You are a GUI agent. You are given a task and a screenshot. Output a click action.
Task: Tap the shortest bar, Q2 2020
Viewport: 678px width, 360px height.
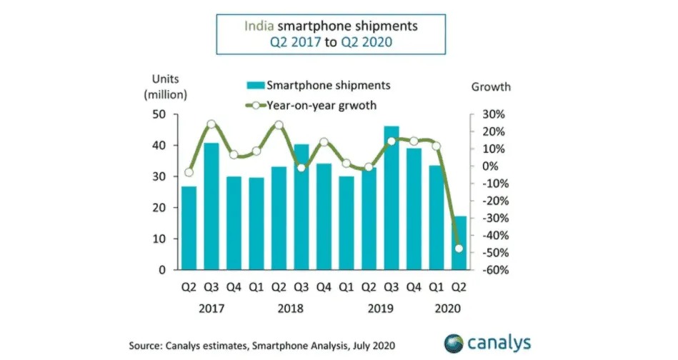click(461, 243)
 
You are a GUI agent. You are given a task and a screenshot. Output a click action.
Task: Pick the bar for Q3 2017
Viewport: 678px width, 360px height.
click(211, 206)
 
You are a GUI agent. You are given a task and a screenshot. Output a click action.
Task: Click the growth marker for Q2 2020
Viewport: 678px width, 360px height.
click(459, 249)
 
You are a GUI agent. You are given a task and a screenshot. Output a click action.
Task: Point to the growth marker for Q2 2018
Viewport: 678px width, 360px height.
click(279, 125)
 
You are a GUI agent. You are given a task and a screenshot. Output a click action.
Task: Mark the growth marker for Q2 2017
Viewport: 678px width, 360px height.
click(189, 172)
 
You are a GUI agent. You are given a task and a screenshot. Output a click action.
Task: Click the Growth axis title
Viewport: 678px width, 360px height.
click(491, 86)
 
